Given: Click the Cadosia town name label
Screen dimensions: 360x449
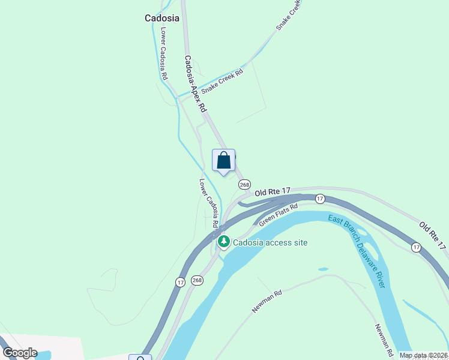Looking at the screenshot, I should coord(162,18).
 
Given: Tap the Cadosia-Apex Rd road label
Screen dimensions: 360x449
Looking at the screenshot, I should coord(196,85).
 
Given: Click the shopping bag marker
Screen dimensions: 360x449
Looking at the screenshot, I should coord(224,161).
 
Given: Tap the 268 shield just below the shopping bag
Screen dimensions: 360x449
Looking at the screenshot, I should coord(244,185).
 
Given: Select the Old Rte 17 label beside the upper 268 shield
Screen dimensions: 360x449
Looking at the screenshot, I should coord(273,191).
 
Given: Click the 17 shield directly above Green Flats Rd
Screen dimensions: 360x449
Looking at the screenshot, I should coord(320,199).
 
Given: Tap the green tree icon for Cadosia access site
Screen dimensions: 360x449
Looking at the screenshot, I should coord(224,242).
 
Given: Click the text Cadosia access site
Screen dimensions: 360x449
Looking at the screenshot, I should coord(270,242).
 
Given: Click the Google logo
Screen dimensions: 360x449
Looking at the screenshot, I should coord(19,353).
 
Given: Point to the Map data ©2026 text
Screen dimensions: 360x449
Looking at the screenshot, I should coord(424,355).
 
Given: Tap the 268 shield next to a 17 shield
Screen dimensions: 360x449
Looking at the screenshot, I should coord(197,280).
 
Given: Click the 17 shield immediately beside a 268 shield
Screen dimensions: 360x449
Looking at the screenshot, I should coord(180,281).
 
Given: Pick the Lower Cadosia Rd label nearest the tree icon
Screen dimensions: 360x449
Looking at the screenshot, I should coord(209,203).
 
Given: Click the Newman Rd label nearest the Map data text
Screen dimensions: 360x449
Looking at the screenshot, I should coord(384,339).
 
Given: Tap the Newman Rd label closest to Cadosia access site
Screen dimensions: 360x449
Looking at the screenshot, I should coord(267,302).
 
